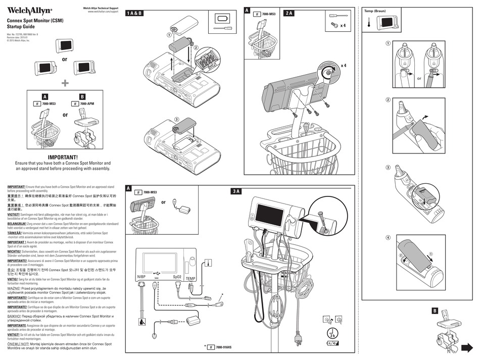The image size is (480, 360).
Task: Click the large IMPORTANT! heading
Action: (63, 157)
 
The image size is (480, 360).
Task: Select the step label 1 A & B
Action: (134, 13)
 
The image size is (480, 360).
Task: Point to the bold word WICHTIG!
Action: (14, 250)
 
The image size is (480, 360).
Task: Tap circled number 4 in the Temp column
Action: (389, 237)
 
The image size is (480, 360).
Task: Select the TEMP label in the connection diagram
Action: (190, 278)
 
